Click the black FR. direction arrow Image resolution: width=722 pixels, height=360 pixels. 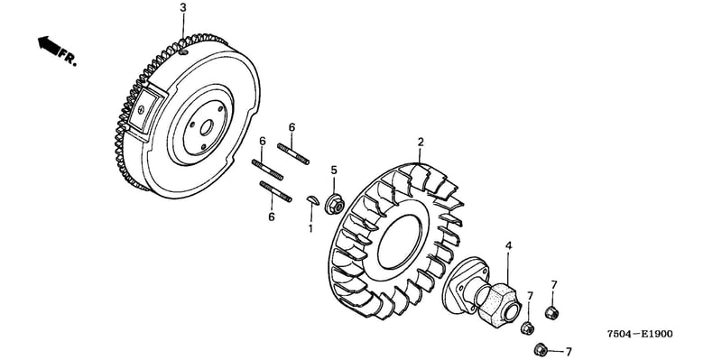[50, 45]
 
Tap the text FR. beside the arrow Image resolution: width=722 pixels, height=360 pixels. [68, 59]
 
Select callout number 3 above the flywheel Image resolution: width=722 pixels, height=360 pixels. [183, 7]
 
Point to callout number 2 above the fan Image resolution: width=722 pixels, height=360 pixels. [421, 142]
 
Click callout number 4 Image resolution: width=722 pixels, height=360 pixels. [508, 245]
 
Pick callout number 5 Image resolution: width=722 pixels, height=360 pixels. [334, 171]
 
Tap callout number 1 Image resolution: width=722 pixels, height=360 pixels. [310, 228]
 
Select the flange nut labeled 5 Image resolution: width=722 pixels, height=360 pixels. [335, 204]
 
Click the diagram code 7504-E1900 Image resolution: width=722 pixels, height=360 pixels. [639, 334]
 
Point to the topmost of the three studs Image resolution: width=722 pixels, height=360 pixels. [293, 153]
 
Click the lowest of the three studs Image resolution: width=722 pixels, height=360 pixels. [276, 191]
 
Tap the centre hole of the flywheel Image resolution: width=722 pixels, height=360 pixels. [206, 125]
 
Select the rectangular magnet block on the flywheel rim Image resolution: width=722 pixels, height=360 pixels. [143, 111]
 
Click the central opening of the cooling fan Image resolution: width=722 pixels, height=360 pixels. [400, 241]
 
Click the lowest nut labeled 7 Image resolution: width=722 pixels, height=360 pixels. [541, 349]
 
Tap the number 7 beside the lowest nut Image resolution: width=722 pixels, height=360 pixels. [569, 352]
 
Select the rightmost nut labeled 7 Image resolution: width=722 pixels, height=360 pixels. [551, 313]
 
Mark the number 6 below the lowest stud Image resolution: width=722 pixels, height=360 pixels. [272, 217]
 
